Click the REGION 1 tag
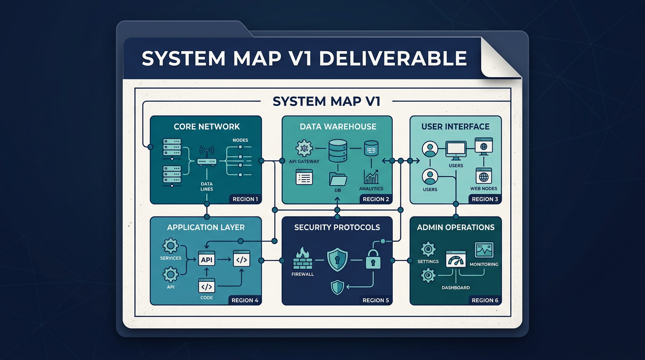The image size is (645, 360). point(245,199)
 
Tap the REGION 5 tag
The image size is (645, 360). point(375,300)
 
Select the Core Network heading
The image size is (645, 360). point(206,127)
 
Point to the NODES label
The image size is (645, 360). point(240,140)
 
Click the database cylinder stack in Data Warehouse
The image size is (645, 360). point(337,151)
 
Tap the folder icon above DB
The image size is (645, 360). point(337,179)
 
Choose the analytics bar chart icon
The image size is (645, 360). point(371,177)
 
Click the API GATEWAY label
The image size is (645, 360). point(305,162)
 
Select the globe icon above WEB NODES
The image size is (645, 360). point(484,177)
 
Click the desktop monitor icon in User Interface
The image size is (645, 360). point(456,150)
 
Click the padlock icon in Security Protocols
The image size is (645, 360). point(373,259)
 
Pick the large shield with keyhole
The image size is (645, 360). point(337,259)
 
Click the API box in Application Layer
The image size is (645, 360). point(207,259)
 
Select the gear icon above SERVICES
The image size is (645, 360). point(170,246)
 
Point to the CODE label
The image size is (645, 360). point(206,298)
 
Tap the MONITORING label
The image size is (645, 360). point(484,264)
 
